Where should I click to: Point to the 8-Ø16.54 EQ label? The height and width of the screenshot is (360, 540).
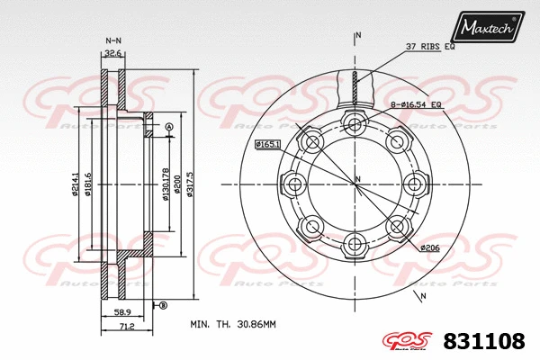pos(417,106)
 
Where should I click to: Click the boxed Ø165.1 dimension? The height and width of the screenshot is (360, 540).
pos(268,144)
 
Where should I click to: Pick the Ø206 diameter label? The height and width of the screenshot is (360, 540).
pos(431,246)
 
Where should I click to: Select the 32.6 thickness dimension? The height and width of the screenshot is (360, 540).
pos(113,54)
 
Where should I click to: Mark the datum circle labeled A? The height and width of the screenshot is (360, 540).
pos(168,127)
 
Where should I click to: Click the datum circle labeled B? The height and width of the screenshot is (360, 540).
pos(163,306)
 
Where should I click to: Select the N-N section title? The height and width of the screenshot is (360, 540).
pos(113,40)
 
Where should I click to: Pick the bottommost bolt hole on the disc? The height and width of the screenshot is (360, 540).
pos(355,243)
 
